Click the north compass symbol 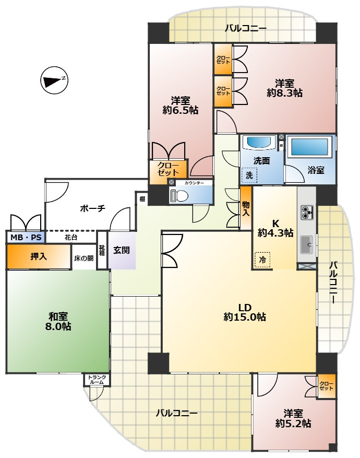point(54,80)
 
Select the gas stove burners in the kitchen point(307,213)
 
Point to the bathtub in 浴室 point(309,147)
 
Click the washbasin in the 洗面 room point(259,142)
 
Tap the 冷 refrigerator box point(262,260)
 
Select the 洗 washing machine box point(249,175)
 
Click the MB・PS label point(26,237)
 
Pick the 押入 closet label point(39,256)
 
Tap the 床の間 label point(84,258)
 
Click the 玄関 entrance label point(122,250)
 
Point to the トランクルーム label point(97,380)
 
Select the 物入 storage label point(246,208)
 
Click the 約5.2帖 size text point(293,423)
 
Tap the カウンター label point(194,183)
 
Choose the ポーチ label point(92,208)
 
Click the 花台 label point(71,238)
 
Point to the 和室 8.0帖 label point(58,321)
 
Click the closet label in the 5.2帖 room point(327,386)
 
